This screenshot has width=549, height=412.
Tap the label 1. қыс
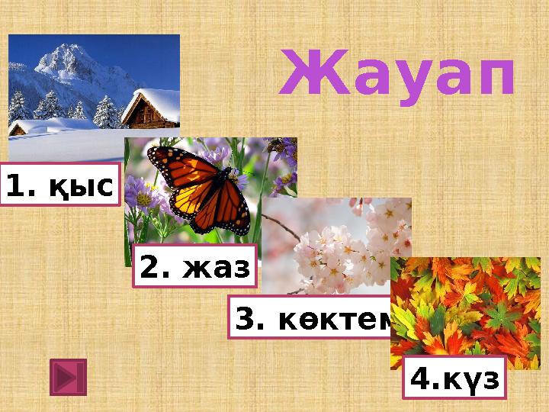pos(61,185)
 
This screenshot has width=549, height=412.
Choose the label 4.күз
pos(454,378)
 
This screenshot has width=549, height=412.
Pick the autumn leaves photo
pos(465,305)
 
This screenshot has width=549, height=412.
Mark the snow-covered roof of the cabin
pos(152,97)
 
